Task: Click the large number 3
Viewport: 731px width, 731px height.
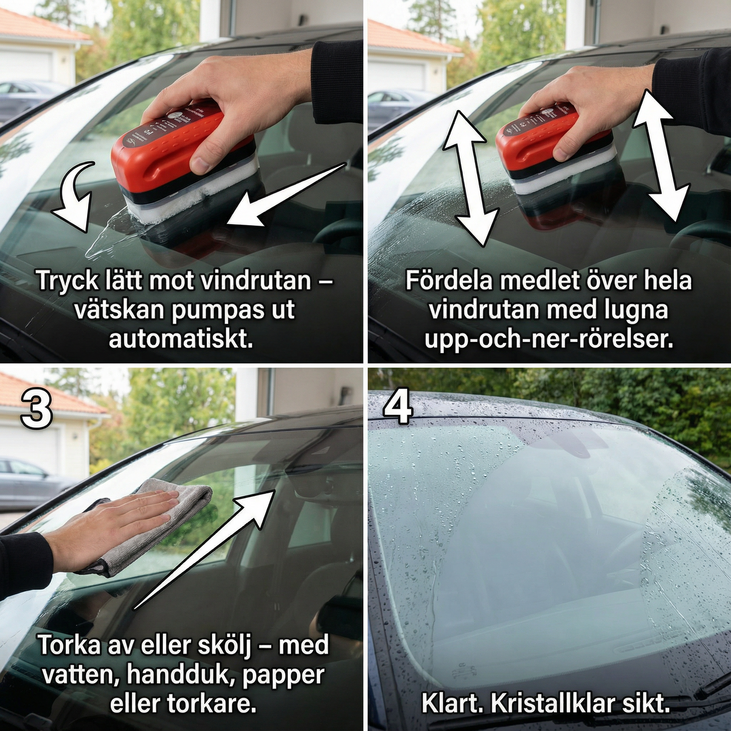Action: tap(36, 410)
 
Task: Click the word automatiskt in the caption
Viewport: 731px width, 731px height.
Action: tap(181, 339)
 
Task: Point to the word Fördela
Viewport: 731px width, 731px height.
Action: tap(449, 280)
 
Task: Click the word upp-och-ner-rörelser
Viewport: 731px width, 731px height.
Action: tap(548, 339)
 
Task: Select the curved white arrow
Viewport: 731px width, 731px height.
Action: tap(73, 197)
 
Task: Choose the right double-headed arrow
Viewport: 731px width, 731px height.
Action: tap(661, 154)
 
